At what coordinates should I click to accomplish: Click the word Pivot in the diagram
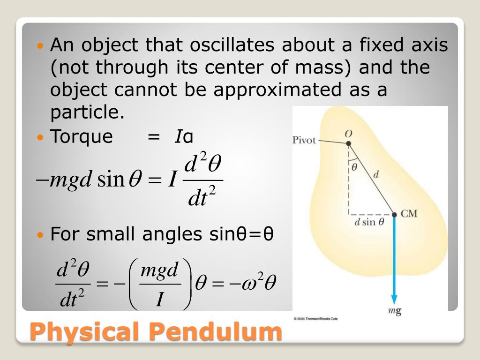tap(304, 140)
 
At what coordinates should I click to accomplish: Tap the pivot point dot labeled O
tap(348, 143)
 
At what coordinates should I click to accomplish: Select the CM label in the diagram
tap(409, 214)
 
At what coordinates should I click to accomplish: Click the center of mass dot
tap(395, 214)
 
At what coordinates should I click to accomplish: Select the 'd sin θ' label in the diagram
tap(369, 222)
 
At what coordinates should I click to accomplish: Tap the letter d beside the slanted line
tap(376, 175)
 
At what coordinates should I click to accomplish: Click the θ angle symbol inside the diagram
tap(355, 166)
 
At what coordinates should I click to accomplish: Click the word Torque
tap(82, 136)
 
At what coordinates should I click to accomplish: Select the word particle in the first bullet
tap(87, 112)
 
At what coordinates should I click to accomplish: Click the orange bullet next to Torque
tap(40, 137)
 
